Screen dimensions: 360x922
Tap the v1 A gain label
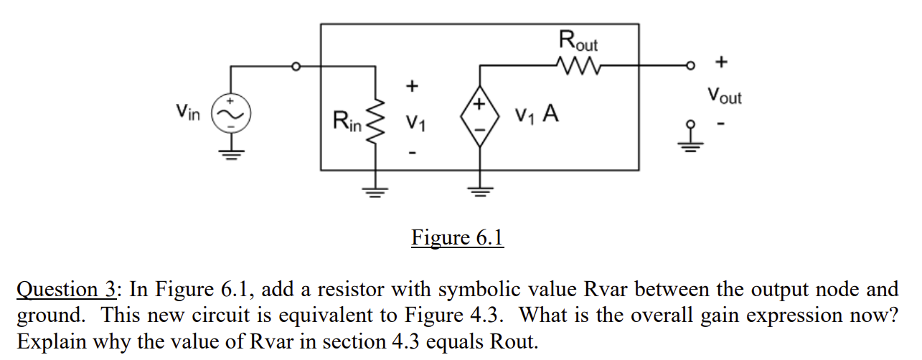[x=537, y=115]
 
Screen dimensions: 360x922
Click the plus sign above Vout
[x=721, y=63]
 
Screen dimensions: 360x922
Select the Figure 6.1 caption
[x=457, y=237]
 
